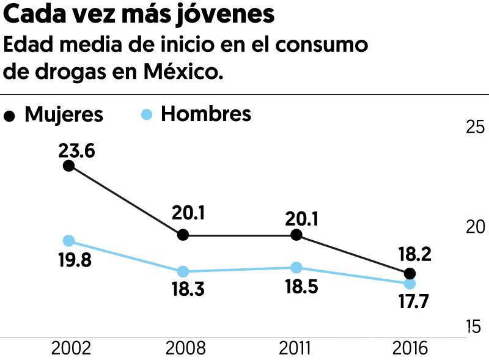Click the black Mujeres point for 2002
pyautogui.click(x=69, y=166)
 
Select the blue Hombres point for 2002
pyautogui.click(x=69, y=241)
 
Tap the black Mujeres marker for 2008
pyautogui.click(x=182, y=235)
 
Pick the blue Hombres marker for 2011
pyautogui.click(x=296, y=268)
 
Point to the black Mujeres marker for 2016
pyautogui.click(x=410, y=273)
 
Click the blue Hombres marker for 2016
pyautogui.click(x=410, y=284)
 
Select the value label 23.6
pyautogui.click(x=76, y=150)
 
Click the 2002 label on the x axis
pyautogui.click(x=71, y=348)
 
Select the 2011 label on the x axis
pyautogui.click(x=295, y=348)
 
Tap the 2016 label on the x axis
pyautogui.click(x=409, y=348)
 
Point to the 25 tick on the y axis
pyautogui.click(x=476, y=127)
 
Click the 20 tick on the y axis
pyautogui.click(x=476, y=227)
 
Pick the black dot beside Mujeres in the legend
pyautogui.click(x=9, y=116)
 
